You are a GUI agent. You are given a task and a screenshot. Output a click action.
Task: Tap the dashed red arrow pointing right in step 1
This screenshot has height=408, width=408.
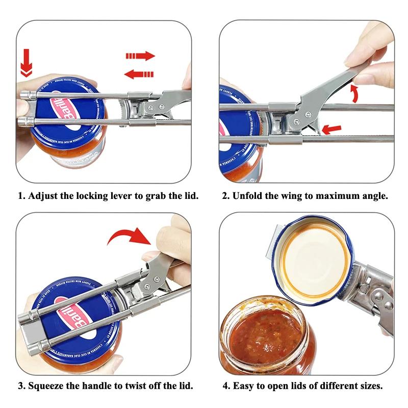coord(140,56)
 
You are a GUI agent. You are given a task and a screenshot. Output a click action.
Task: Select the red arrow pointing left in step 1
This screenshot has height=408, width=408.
coord(139,74)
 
